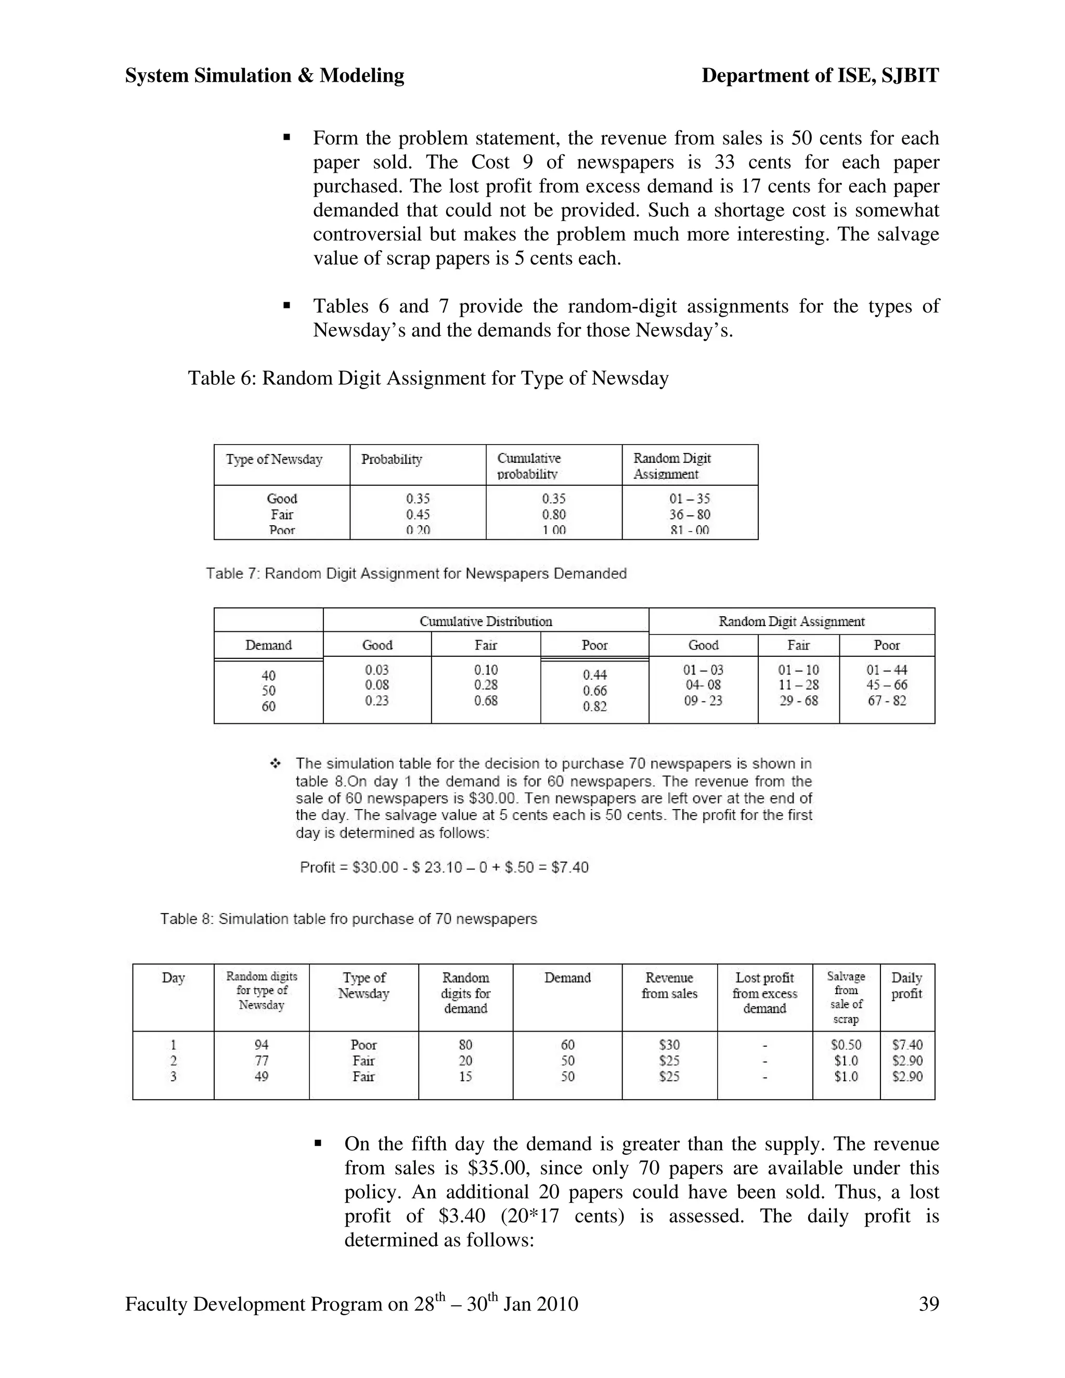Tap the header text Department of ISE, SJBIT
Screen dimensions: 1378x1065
820,76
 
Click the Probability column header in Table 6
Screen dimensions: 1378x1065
391,459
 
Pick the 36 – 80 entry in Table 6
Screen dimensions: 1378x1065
690,514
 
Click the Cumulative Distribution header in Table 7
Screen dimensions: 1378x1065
486,621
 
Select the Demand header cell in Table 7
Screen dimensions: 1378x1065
268,645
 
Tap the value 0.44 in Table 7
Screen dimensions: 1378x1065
594,674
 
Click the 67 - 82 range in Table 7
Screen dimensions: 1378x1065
887,700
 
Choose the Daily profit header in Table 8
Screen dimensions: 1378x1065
906,985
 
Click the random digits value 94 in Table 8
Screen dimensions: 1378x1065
261,1045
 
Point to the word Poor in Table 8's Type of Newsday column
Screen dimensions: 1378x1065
363,1045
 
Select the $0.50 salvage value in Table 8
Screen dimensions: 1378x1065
846,1045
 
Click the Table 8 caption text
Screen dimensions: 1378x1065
348,919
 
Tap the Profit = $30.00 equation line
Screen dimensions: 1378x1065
444,867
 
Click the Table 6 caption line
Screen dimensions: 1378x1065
428,378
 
